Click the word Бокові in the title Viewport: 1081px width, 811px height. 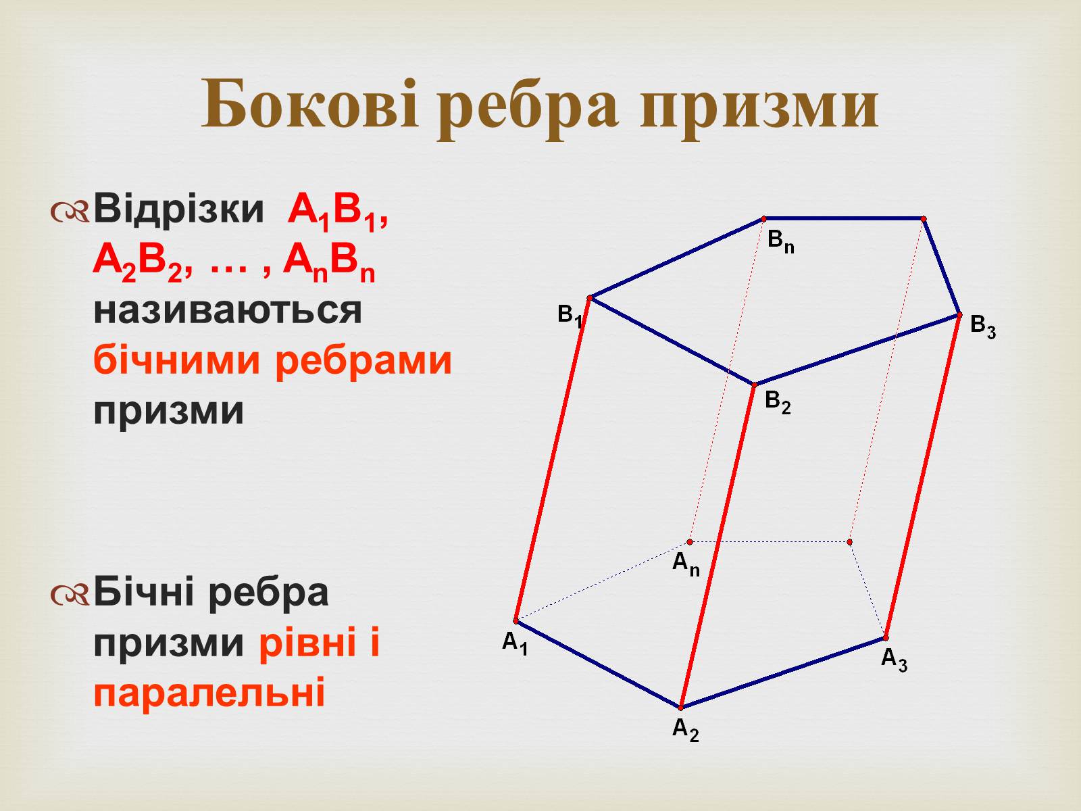[310, 104]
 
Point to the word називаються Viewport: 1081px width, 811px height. [228, 311]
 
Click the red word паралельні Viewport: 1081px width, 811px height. [209, 692]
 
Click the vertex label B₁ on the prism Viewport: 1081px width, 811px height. [570, 315]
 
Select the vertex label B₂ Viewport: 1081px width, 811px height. [778, 402]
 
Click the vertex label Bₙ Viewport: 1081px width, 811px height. [781, 242]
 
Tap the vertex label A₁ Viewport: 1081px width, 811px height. [515, 643]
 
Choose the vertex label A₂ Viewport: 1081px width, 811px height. [686, 730]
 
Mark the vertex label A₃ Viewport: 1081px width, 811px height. [894, 660]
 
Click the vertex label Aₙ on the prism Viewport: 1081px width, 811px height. [686, 564]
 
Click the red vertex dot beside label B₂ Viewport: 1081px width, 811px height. [754, 385]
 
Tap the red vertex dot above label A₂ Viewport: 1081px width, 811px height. [681, 708]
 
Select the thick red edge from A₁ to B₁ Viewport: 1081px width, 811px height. [553, 460]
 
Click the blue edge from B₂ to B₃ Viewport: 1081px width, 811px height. [857, 349]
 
